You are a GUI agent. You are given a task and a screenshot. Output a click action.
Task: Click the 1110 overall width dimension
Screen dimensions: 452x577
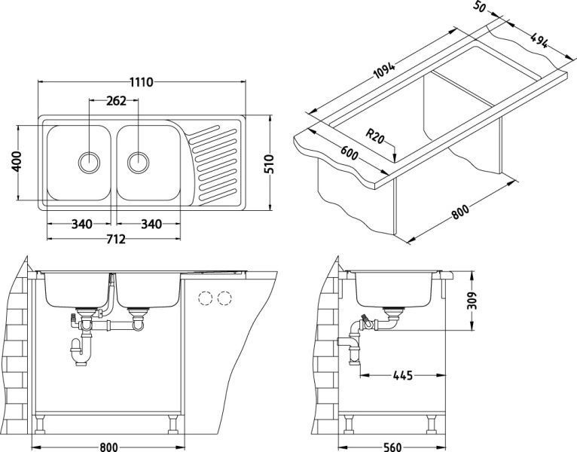pyautogui.click(x=141, y=76)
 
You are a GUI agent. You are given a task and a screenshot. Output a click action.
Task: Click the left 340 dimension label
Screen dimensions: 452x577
pyautogui.click(x=81, y=223)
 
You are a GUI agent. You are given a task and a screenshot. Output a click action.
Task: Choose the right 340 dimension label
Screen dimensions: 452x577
pyautogui.click(x=151, y=223)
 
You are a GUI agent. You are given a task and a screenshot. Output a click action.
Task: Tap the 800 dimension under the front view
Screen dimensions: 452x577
pyautogui.click(x=108, y=445)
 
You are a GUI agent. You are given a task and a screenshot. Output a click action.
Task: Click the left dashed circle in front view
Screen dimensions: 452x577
pyautogui.click(x=204, y=298)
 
